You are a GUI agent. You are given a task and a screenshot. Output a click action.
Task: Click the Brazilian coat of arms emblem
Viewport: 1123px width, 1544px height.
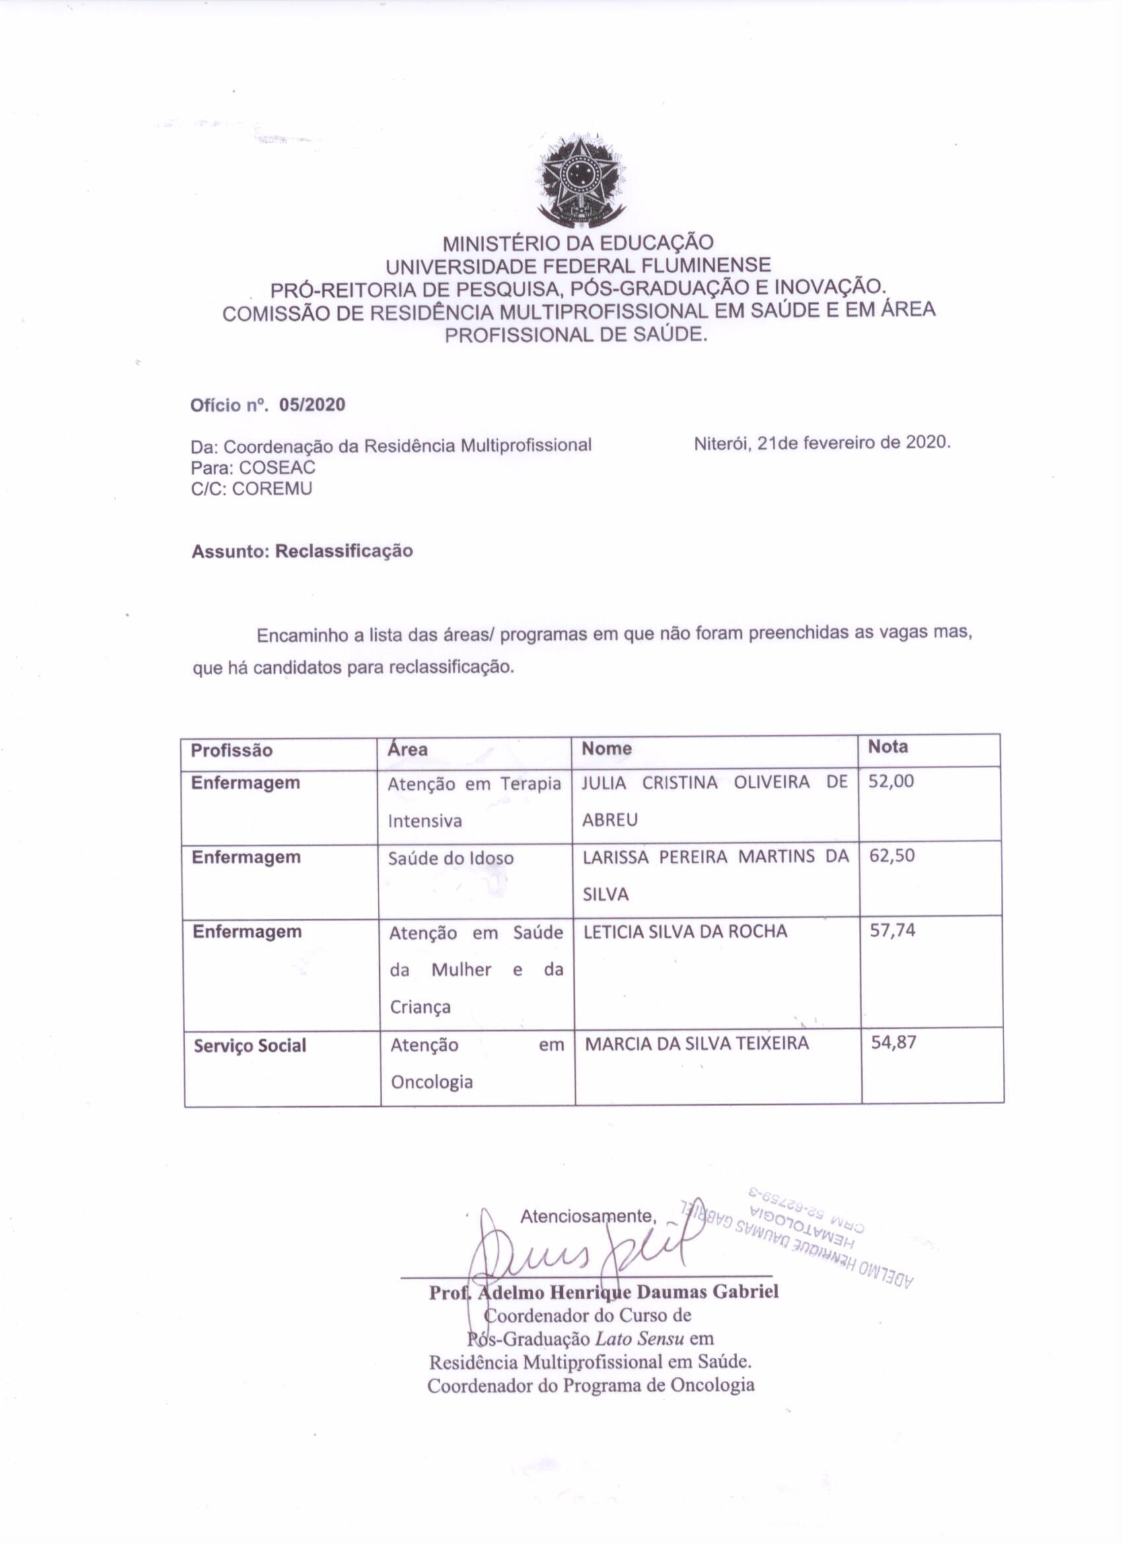pyautogui.click(x=581, y=180)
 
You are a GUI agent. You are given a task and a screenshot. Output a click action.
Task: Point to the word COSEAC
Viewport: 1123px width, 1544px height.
pyautogui.click(x=277, y=468)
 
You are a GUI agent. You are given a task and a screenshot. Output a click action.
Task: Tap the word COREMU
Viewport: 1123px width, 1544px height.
pyautogui.click(x=272, y=489)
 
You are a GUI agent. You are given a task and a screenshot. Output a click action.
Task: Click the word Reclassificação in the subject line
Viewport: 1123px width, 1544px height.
pyautogui.click(x=344, y=551)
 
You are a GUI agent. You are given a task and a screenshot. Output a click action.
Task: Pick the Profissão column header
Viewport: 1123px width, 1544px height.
pyautogui.click(x=232, y=750)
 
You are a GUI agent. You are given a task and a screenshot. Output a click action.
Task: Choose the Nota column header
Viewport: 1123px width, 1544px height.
pyautogui.click(x=887, y=747)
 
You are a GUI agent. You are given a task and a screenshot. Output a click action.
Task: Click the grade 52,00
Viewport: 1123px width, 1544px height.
pyautogui.click(x=890, y=781)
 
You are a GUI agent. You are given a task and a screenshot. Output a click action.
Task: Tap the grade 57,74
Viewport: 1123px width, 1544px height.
pyautogui.click(x=892, y=930)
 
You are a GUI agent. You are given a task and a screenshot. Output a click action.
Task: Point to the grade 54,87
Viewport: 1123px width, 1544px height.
pyautogui.click(x=894, y=1042)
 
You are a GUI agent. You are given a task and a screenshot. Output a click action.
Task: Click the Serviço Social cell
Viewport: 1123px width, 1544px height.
pyautogui.click(x=250, y=1045)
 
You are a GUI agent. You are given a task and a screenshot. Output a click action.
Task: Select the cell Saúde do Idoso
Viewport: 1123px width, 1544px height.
pyautogui.click(x=450, y=859)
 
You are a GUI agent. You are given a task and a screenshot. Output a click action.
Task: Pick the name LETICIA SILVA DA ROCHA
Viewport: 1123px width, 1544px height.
pyautogui.click(x=685, y=931)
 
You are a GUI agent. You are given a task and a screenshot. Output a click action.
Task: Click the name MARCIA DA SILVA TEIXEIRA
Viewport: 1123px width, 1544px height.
pyautogui.click(x=697, y=1043)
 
